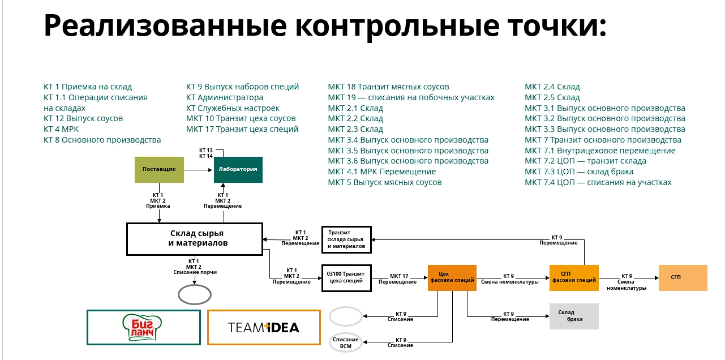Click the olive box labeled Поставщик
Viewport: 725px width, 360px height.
coord(159,169)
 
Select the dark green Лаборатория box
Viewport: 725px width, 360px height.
coord(238,169)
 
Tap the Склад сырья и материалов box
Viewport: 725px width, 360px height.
coord(194,238)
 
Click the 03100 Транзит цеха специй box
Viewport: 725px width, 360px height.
coord(346,277)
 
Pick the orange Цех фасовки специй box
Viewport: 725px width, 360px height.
coord(452,277)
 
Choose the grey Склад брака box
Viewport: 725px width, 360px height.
coord(574,316)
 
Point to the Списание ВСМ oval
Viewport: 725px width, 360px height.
coord(345,342)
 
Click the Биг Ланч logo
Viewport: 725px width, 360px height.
coord(144,327)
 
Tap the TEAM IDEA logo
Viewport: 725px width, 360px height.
coord(264,327)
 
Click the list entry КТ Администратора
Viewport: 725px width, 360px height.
coord(225,97)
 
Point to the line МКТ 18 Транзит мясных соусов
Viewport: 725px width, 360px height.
coord(388,87)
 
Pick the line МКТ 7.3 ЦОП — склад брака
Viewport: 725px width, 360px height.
coord(579,172)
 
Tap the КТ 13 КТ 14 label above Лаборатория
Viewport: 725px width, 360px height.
coord(206,153)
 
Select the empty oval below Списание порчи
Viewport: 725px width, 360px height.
coord(195,294)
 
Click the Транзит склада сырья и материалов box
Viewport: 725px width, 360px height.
coord(346,239)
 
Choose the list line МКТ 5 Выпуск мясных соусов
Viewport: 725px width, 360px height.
coord(384,182)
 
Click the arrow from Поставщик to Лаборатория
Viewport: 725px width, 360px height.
coord(199,169)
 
